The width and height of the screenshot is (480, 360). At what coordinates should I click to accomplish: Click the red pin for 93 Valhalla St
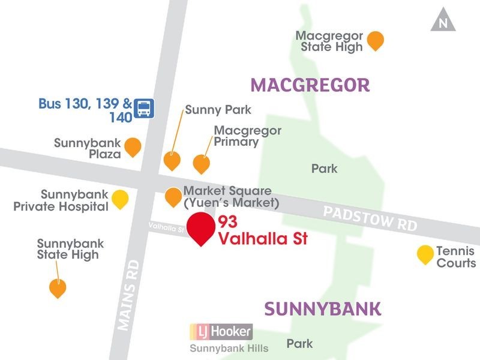[201, 227]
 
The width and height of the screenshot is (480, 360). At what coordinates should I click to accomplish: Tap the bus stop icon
[144, 108]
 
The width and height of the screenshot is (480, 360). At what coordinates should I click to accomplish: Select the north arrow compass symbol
[443, 20]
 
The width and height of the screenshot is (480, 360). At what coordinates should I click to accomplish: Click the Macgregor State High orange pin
[376, 40]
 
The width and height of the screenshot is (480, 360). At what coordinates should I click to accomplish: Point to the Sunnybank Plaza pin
[133, 146]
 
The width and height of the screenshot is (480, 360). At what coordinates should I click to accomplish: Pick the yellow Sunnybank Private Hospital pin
[121, 198]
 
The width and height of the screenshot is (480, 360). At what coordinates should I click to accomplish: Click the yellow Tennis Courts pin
[425, 254]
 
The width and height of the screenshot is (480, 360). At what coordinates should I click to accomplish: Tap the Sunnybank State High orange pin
[58, 288]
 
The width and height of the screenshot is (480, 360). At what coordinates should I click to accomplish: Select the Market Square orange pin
[173, 196]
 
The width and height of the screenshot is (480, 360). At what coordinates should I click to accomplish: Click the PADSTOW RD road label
[370, 218]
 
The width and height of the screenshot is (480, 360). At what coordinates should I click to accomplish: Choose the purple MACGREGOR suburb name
[310, 85]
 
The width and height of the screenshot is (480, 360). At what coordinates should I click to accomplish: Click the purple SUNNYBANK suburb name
[322, 309]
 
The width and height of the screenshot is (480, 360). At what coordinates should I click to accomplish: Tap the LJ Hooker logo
[221, 332]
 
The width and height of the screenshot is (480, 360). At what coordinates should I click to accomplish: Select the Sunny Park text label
[218, 110]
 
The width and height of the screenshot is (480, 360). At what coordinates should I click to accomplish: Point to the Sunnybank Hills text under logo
[229, 348]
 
